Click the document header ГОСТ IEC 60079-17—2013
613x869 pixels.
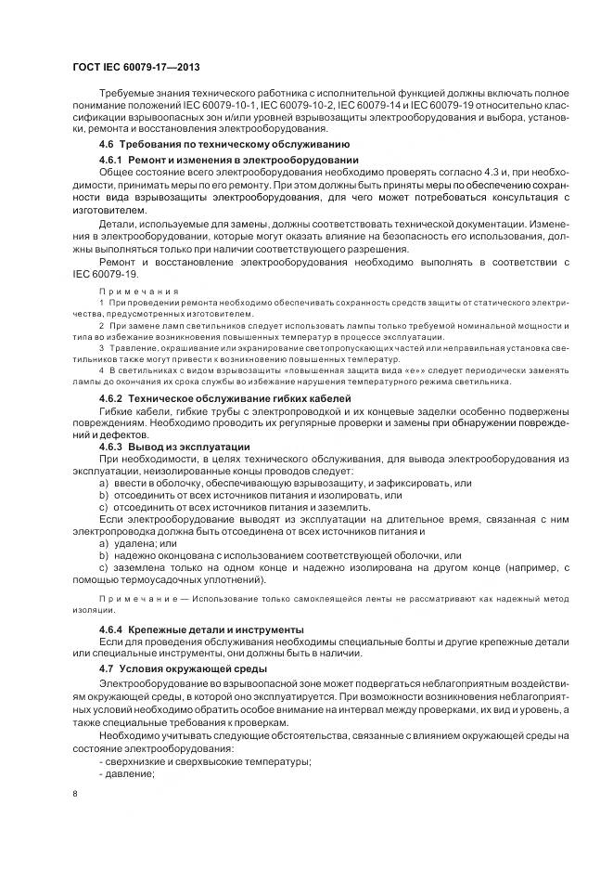135,68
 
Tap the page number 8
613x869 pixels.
75,793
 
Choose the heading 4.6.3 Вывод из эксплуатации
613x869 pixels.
173,447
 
